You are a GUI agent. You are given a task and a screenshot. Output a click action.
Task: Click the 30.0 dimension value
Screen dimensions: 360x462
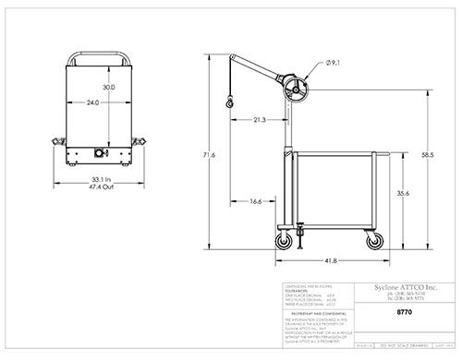pyautogui.click(x=108, y=87)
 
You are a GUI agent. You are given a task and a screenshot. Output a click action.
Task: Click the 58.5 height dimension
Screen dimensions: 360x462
pyautogui.click(x=427, y=154)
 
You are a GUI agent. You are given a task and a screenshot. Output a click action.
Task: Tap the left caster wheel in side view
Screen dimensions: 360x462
pyautogui.click(x=283, y=241)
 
